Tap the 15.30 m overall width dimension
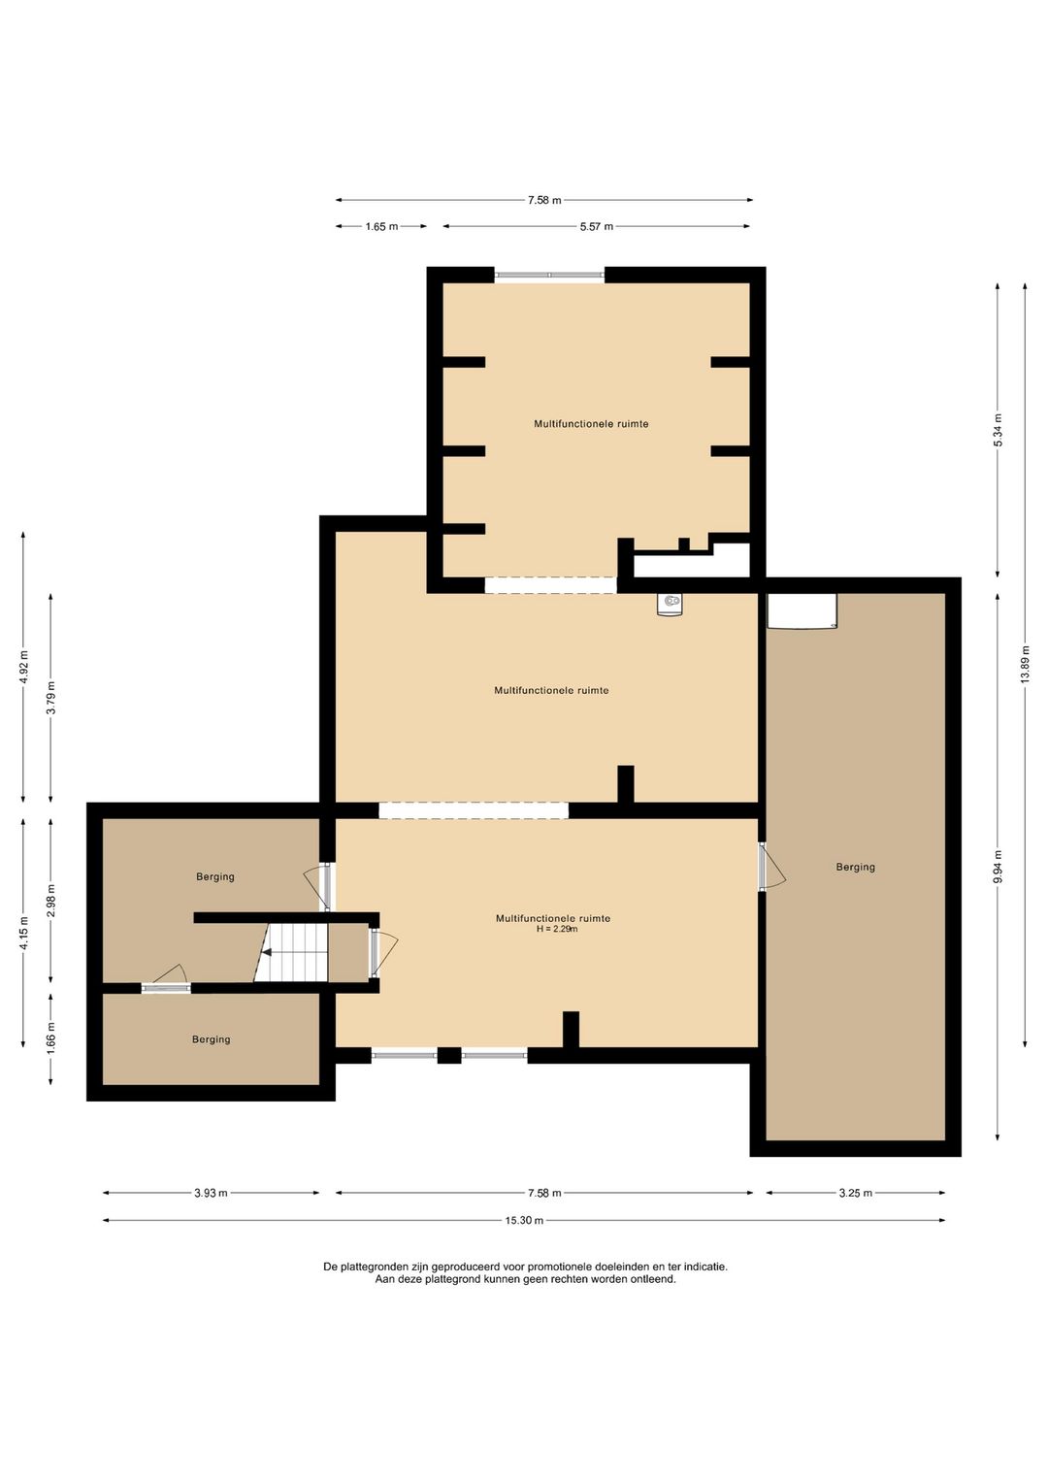pos(524,1220)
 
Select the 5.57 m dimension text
pos(597,227)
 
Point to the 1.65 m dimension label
pos(381,227)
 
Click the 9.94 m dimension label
pos(998,866)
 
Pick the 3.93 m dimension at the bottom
pos(211,1193)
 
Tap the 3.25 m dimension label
pos(856,1193)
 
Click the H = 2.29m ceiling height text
pos(557,929)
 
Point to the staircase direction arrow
pos(267,952)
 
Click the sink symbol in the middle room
pos(671,604)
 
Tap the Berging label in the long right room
pos(855,867)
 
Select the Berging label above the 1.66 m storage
pos(214,876)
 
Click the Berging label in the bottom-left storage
pos(211,1039)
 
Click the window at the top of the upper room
pos(549,275)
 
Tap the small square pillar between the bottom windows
pos(449,1055)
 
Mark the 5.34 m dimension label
pos(998,430)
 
